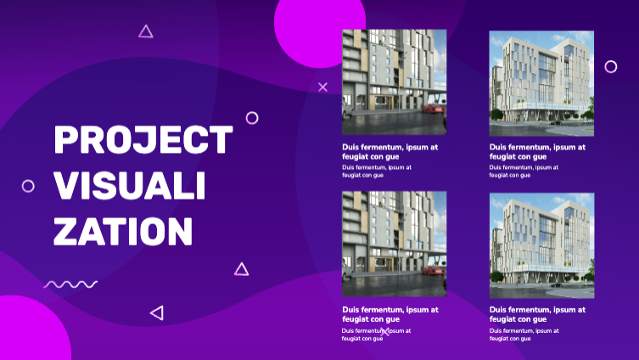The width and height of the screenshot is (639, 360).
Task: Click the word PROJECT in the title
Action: [143, 139]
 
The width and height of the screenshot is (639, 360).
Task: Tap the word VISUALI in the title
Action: [130, 185]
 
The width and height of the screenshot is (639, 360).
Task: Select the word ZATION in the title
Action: [123, 231]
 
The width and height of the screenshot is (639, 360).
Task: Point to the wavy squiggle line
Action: [70, 284]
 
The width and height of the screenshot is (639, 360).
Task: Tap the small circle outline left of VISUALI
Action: [22, 186]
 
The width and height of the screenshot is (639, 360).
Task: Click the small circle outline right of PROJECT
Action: [246, 118]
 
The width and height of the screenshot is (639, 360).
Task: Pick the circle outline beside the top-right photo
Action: [605, 66]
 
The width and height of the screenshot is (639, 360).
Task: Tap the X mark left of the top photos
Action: [322, 87]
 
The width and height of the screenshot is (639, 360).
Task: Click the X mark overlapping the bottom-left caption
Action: [385, 331]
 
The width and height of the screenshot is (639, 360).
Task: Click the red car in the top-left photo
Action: [433, 109]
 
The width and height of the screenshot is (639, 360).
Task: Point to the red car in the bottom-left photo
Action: [433, 270]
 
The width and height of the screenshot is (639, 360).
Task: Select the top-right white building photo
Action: [541, 83]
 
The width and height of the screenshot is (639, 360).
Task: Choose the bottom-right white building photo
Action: [541, 245]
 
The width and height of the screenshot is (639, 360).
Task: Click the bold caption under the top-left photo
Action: [390, 152]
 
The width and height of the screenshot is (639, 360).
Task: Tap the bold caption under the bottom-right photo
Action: [537, 314]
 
